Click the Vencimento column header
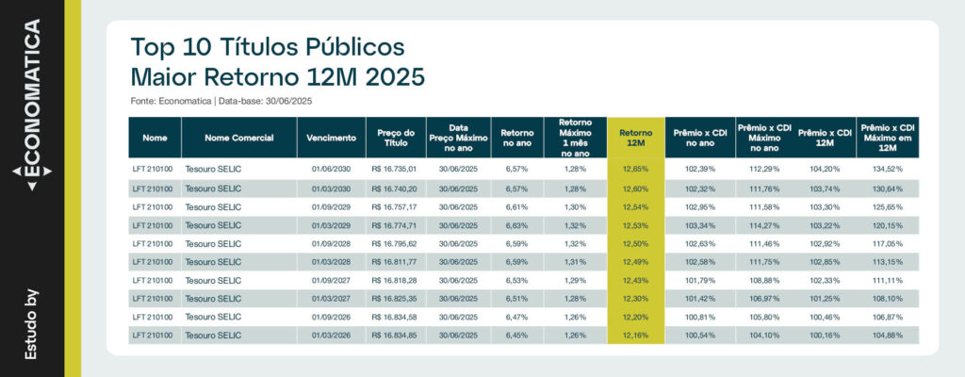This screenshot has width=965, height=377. (332, 138)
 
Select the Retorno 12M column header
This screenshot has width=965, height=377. (636, 138)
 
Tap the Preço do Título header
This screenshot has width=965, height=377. (396, 138)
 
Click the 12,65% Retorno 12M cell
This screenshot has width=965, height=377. (636, 169)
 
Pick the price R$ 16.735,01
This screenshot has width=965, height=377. (396, 169)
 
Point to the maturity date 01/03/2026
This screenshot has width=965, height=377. (332, 335)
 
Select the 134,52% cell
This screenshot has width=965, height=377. (887, 169)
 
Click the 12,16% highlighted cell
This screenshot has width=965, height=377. (636, 335)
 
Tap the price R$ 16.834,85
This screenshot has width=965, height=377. (396, 335)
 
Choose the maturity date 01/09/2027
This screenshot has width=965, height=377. (332, 280)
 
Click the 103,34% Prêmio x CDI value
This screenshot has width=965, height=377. (699, 224)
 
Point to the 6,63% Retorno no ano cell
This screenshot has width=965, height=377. (517, 224)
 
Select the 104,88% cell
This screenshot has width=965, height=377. (887, 335)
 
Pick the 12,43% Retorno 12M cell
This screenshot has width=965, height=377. (636, 280)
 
